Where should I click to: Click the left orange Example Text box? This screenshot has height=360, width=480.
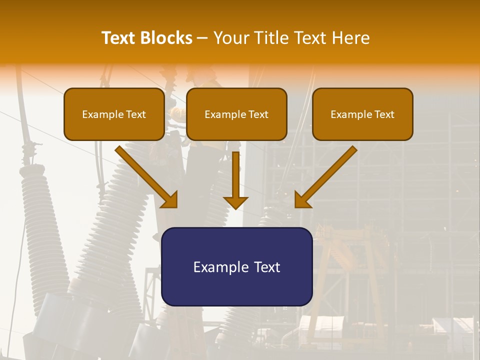pyautogui.click(x=114, y=114)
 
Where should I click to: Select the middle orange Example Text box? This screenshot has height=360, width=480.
pyautogui.click(x=236, y=114)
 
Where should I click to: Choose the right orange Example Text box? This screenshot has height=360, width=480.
pyautogui.click(x=362, y=114)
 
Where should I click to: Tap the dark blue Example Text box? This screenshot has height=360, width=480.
pyautogui.click(x=236, y=266)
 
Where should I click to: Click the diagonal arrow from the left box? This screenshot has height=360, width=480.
pyautogui.click(x=145, y=175)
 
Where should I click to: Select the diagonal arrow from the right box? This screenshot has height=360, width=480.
pyautogui.click(x=327, y=175)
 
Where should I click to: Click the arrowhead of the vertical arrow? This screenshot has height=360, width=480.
pyautogui.click(x=235, y=202)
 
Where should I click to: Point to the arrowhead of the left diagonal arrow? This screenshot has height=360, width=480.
pyautogui.click(x=170, y=200)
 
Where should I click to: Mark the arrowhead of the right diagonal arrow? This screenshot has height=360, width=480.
pyautogui.click(x=302, y=200)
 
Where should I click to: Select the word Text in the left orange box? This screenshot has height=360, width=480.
pyautogui.click(x=135, y=114)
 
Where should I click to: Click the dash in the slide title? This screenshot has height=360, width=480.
pyautogui.click(x=202, y=38)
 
